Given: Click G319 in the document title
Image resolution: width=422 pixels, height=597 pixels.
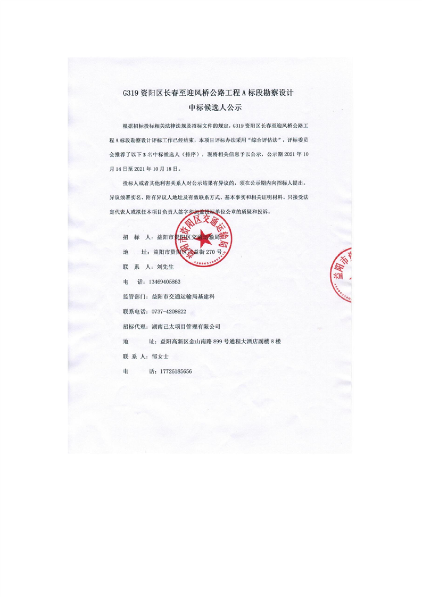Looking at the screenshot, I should click(130, 92).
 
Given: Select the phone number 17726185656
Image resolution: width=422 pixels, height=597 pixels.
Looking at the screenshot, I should click(171, 371).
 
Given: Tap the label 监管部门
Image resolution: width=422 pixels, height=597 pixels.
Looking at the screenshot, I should click(135, 296).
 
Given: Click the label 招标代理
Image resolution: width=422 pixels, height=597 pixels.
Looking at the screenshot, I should click(135, 326).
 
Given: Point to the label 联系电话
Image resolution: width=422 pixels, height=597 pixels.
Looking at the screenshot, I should click(135, 311).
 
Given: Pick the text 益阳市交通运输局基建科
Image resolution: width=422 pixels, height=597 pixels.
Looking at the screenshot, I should click(186, 296).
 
